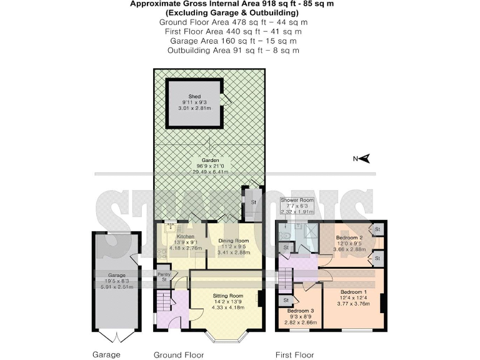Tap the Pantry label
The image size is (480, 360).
164,274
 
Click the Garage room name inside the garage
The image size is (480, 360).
117,275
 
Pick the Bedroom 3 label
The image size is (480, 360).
301,311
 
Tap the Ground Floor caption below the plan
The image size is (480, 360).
179,354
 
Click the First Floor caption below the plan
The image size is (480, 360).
294,354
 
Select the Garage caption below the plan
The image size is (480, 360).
107,354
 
